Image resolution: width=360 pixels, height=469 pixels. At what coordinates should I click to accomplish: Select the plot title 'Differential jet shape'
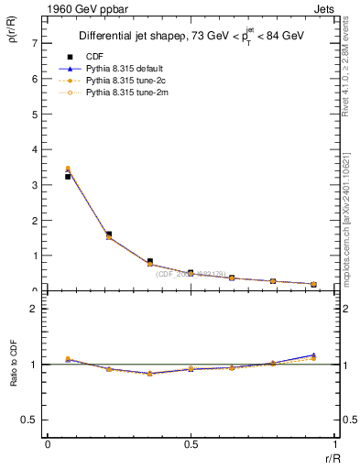136,36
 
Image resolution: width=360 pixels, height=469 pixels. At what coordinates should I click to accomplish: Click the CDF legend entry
94,58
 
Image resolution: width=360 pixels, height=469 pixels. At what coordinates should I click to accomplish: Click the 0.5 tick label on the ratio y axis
29,420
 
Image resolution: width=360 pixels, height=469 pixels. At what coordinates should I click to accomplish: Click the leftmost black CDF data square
68,176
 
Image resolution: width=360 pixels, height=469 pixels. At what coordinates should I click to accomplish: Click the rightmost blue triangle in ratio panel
313,354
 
